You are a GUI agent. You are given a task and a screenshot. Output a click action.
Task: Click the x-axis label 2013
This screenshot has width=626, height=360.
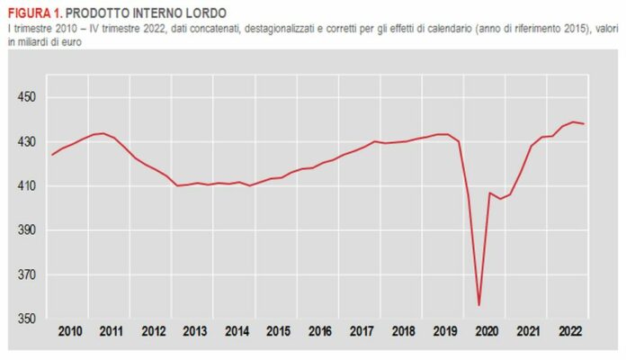point(195,332)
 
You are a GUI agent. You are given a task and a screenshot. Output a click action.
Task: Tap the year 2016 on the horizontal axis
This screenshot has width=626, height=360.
point(319,332)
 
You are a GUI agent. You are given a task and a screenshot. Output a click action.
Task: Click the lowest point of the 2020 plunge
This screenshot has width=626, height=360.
point(478,305)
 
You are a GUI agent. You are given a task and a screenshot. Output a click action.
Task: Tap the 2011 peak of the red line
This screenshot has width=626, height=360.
point(103,133)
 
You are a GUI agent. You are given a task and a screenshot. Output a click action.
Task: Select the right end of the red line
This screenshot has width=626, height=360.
point(585,123)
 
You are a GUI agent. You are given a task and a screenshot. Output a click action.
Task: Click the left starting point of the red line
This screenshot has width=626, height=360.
point(52,155)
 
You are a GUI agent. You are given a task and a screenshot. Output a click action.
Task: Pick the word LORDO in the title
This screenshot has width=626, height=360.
point(201,13)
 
